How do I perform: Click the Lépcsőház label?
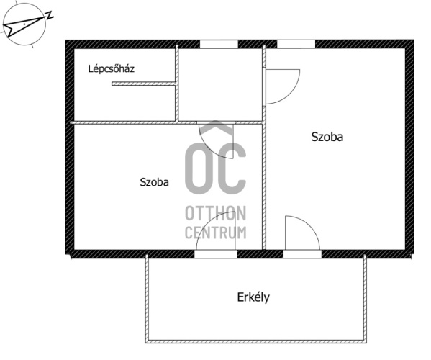click(x=112, y=68)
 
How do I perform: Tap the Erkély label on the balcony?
click(x=253, y=297)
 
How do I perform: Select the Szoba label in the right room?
click(x=327, y=137)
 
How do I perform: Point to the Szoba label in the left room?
click(x=154, y=182)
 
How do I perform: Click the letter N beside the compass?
click(x=49, y=15)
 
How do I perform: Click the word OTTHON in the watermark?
click(x=216, y=213)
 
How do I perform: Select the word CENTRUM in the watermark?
click(x=216, y=233)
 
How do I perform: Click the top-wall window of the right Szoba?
click(x=296, y=44)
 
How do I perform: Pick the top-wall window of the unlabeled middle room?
click(x=219, y=44)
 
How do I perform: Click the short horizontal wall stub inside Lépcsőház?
click(x=143, y=84)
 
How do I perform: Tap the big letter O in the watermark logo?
click(x=199, y=168)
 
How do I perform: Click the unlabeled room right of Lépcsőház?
click(x=220, y=85)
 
